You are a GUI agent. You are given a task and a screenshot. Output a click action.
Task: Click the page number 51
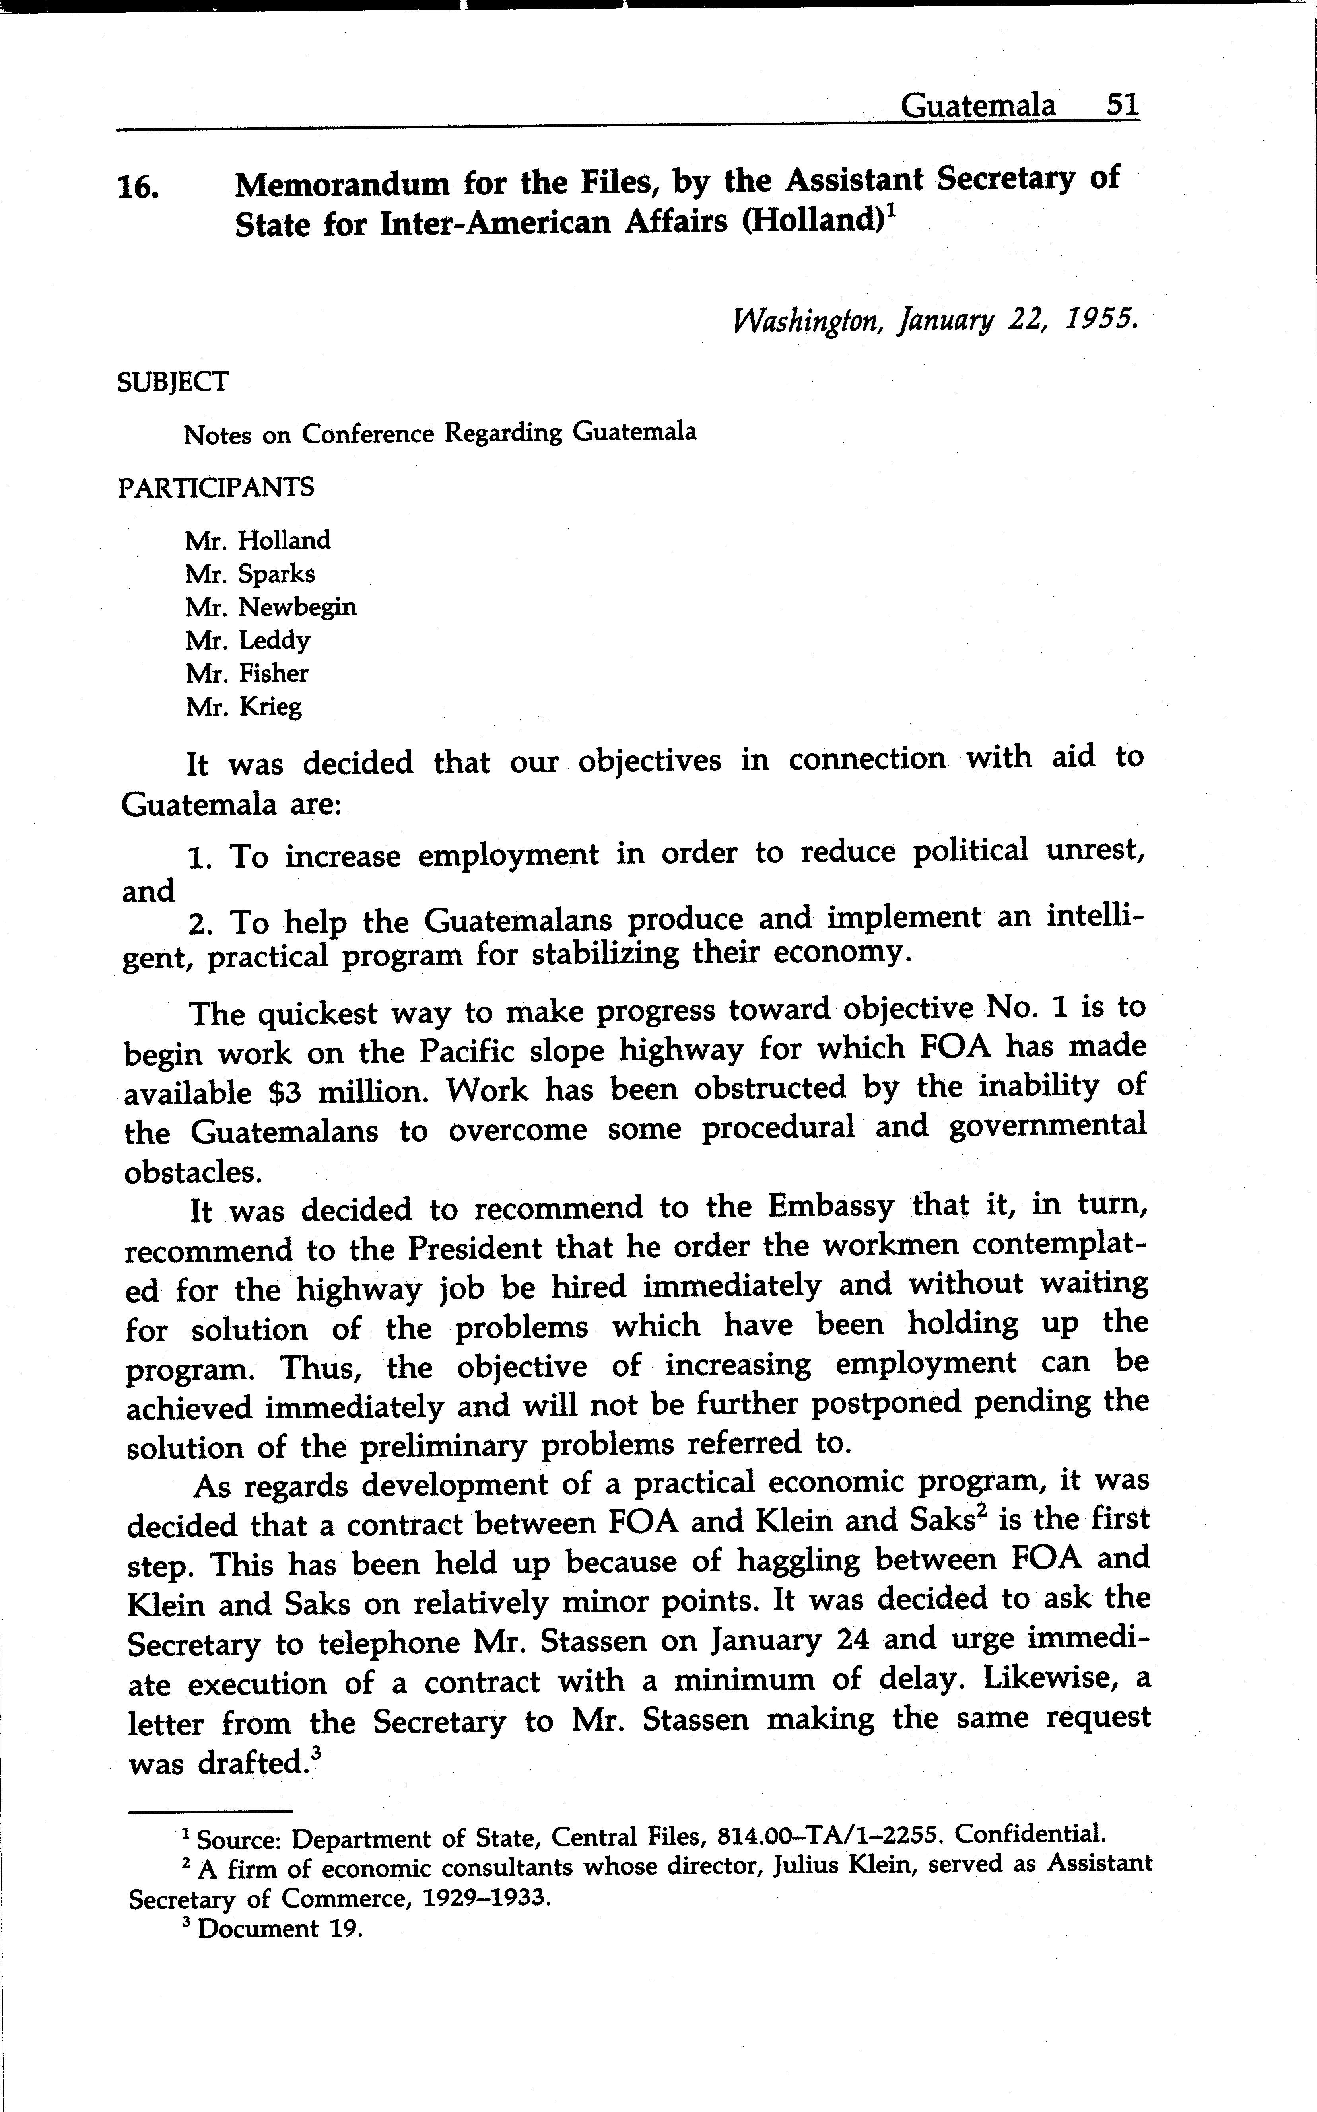(1121, 106)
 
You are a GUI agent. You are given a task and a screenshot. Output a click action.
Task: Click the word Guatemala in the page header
(977, 106)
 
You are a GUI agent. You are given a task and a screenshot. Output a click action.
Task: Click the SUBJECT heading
(173, 381)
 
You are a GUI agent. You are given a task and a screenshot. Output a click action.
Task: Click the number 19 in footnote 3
(345, 1928)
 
